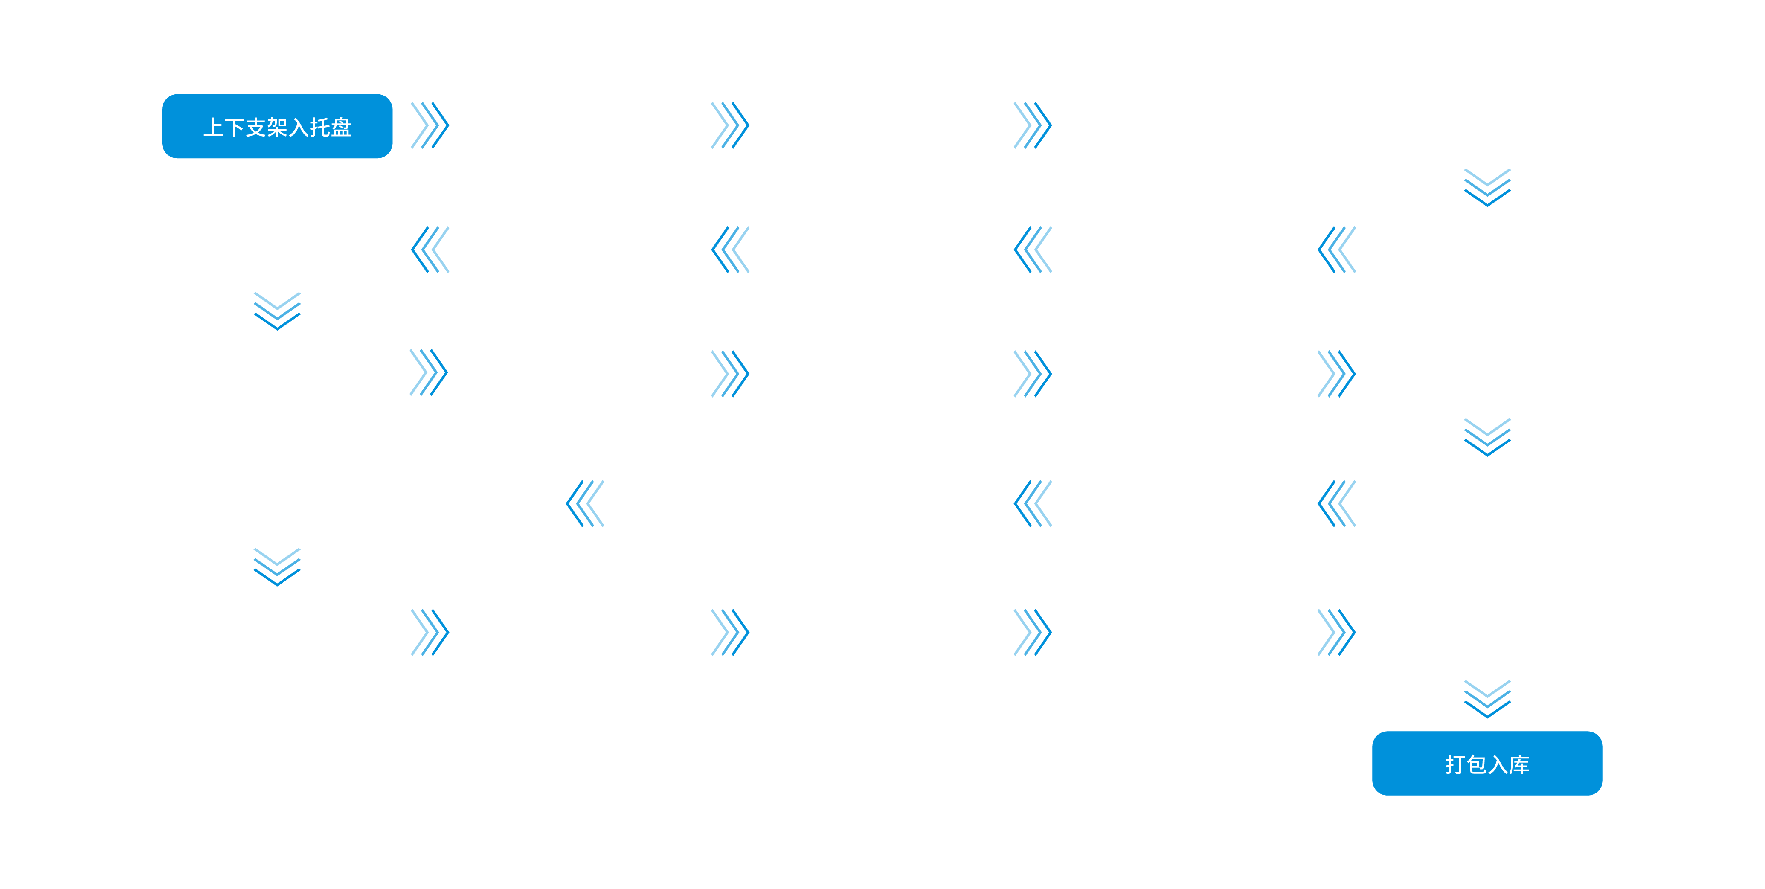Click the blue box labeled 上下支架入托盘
tap(277, 126)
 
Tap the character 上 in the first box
tap(213, 128)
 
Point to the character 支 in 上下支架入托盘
tap(255, 128)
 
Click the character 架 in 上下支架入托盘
tap(277, 128)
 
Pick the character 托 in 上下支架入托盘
tap(319, 128)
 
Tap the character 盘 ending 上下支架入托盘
tap(340, 128)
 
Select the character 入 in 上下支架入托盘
tap(298, 128)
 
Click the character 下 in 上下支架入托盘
tap(234, 128)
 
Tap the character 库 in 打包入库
tap(1519, 764)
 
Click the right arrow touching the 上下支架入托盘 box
tap(430, 125)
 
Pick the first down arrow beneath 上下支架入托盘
tap(277, 311)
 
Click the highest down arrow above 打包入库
tap(1487, 187)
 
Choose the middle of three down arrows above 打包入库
tap(1487, 437)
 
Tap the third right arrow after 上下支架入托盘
tap(1033, 125)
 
